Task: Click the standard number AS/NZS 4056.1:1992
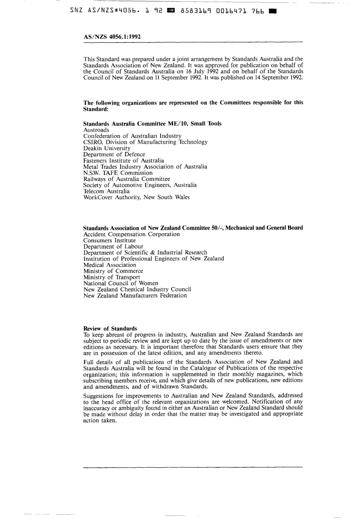[x=112, y=37]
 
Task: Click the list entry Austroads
[x=96, y=130]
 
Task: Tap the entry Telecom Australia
[x=106, y=191]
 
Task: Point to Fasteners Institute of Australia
[x=124, y=160]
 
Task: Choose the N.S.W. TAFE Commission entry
[x=118, y=173]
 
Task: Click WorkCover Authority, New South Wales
[x=136, y=197]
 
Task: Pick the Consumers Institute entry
[x=110, y=240]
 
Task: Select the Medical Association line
[x=110, y=265]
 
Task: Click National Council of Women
[x=121, y=283]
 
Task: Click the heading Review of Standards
[x=110, y=328]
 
